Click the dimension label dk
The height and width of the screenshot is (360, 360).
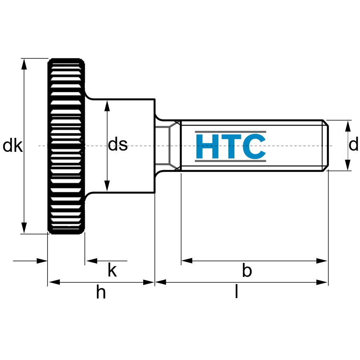click(x=13, y=145)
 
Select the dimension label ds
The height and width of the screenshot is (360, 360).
click(x=118, y=144)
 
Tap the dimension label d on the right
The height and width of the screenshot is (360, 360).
click(x=353, y=144)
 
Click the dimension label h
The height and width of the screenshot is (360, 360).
click(x=101, y=291)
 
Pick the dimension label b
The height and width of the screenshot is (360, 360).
click(x=247, y=270)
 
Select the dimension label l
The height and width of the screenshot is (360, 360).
click(x=236, y=291)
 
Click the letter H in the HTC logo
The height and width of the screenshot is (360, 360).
click(x=207, y=147)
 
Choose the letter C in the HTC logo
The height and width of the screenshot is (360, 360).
click(x=254, y=147)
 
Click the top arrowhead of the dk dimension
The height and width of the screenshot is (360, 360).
click(x=24, y=64)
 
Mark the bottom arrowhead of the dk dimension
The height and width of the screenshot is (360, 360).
click(x=24, y=228)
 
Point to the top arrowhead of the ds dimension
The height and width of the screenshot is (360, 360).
click(x=107, y=106)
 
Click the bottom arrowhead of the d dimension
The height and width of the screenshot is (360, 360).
click(x=348, y=165)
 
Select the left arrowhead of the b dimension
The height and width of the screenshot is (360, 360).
click(x=187, y=261)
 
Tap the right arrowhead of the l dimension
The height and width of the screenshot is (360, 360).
click(x=322, y=282)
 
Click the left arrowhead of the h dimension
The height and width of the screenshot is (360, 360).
click(x=54, y=282)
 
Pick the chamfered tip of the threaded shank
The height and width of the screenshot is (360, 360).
click(x=326, y=145)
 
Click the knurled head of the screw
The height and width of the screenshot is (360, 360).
click(x=66, y=146)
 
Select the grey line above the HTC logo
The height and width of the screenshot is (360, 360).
click(x=230, y=132)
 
